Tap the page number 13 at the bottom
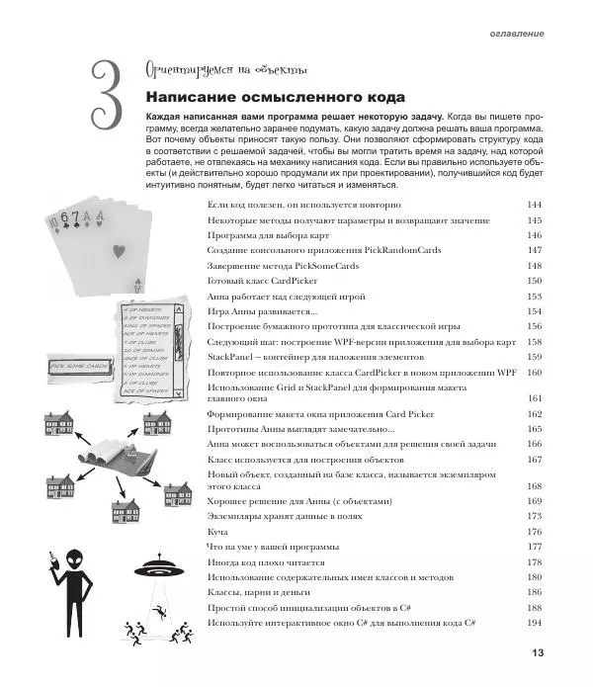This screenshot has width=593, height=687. [x=538, y=652]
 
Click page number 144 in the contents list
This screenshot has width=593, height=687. [x=535, y=204]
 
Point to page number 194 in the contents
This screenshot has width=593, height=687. [x=535, y=622]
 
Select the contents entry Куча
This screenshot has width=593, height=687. [x=217, y=531]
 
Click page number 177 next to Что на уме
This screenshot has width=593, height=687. [x=535, y=546]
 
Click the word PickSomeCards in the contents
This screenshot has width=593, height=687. [x=309, y=266]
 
